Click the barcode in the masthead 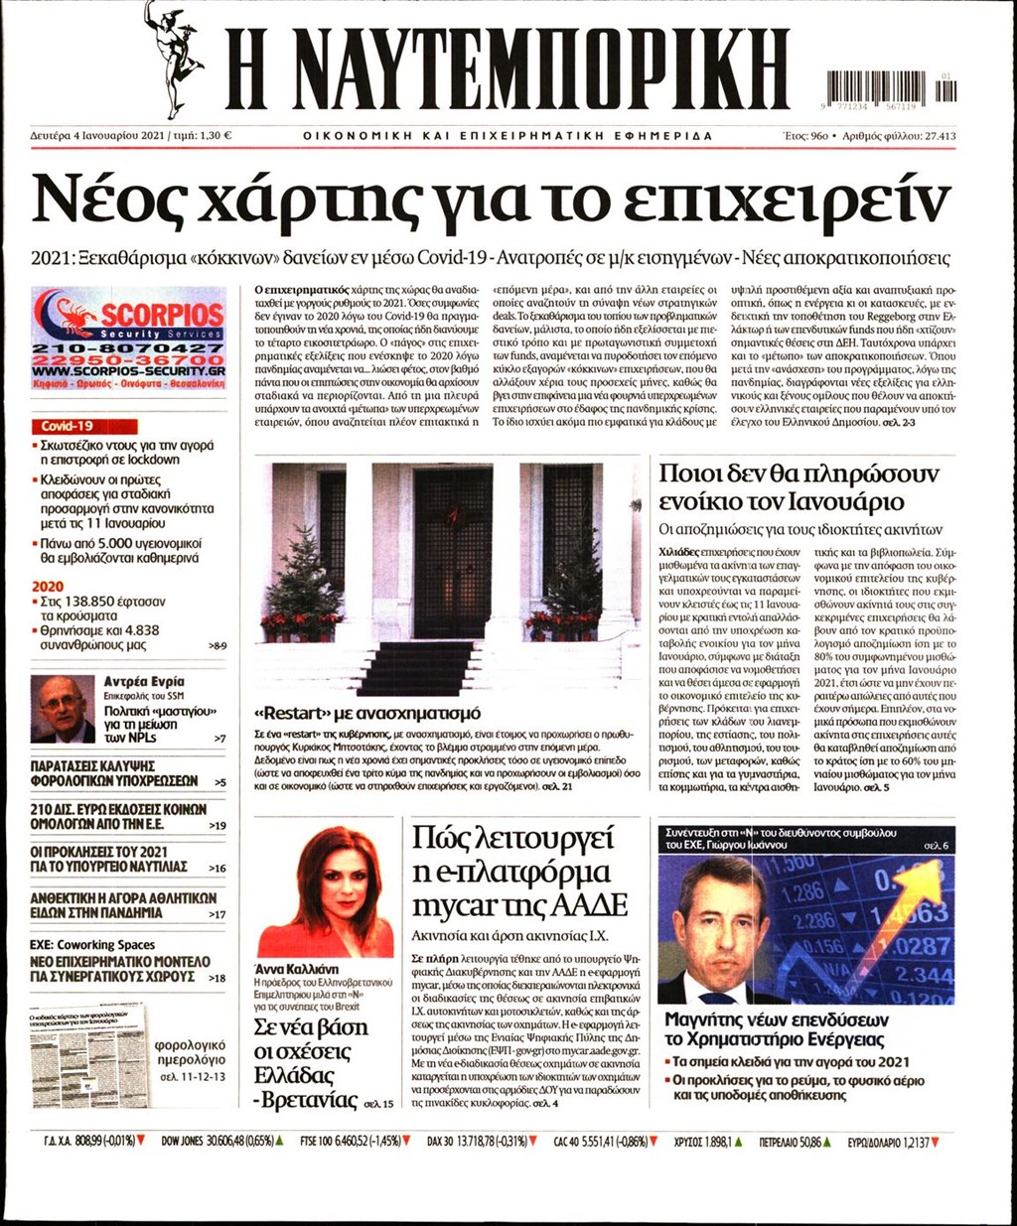[890, 87]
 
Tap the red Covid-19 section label [67, 426]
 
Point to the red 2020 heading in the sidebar [48, 586]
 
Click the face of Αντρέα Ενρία [61, 706]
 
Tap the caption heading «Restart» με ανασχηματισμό [367, 713]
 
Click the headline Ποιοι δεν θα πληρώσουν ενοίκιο [799, 486]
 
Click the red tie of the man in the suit [717, 996]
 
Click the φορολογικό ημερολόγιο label [190, 1053]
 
